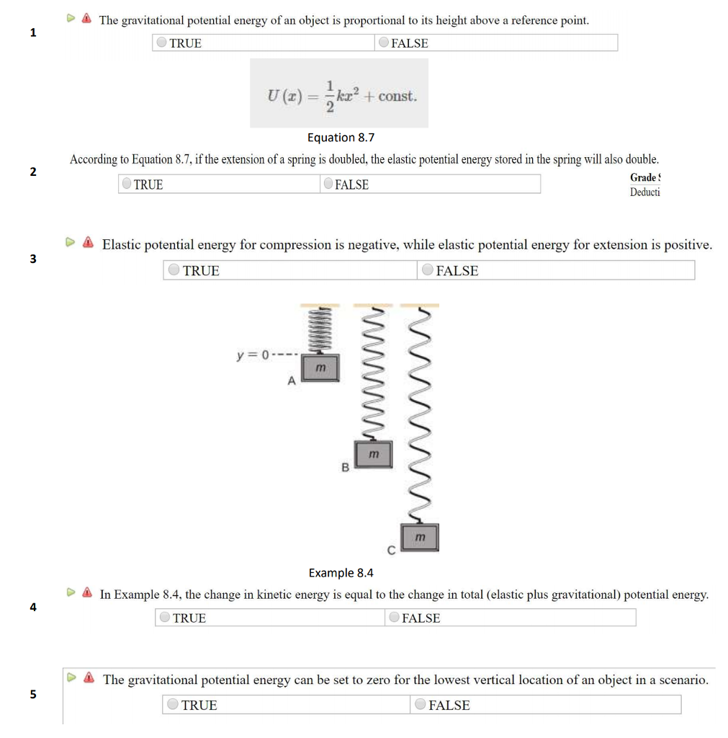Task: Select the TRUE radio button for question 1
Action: coord(162,43)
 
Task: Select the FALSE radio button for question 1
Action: coord(384,43)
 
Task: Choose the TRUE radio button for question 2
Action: coord(127,184)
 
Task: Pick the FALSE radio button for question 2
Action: coord(328,184)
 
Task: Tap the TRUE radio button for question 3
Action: coord(174,270)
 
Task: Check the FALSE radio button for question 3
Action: coord(428,270)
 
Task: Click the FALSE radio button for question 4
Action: coord(394,618)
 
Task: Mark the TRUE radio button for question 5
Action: coord(173,705)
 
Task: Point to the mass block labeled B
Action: coord(373,455)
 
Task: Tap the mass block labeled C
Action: coord(420,538)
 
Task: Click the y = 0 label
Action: coord(253,355)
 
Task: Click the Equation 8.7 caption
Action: coord(341,138)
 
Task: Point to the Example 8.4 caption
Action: coord(341,573)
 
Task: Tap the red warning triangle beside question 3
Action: coord(88,244)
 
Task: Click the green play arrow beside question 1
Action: coord(71,19)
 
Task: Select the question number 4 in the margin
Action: coord(32,607)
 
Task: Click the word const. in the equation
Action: coord(397,96)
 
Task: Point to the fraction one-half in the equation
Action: coord(330,96)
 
